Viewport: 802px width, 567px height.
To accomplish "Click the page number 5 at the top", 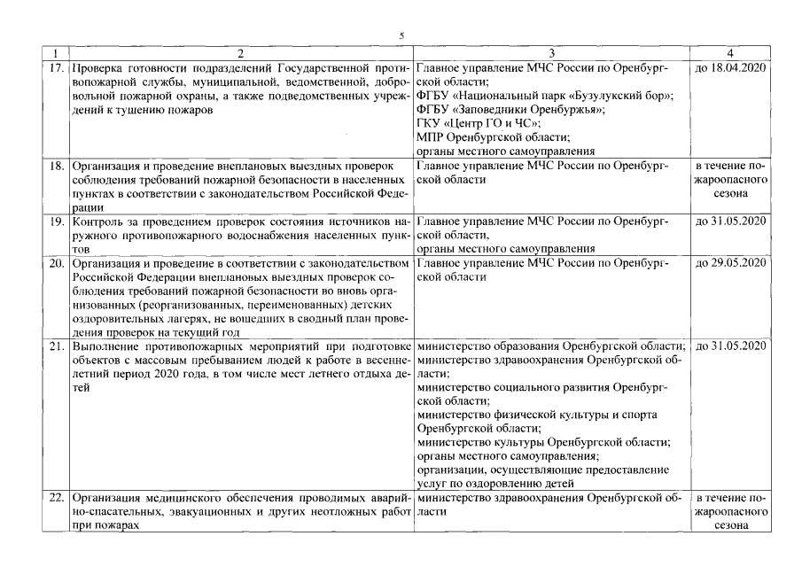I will (401, 35).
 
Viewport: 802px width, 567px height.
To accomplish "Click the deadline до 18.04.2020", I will (733, 67).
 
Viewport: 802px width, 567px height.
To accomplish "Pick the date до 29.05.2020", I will (733, 262).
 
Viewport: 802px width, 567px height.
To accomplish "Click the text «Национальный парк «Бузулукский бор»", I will (568, 95).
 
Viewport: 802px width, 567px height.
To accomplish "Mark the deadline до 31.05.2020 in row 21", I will (733, 346).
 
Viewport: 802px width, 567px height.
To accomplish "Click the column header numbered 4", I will (733, 53).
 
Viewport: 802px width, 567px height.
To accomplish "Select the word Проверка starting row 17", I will (97, 67).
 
